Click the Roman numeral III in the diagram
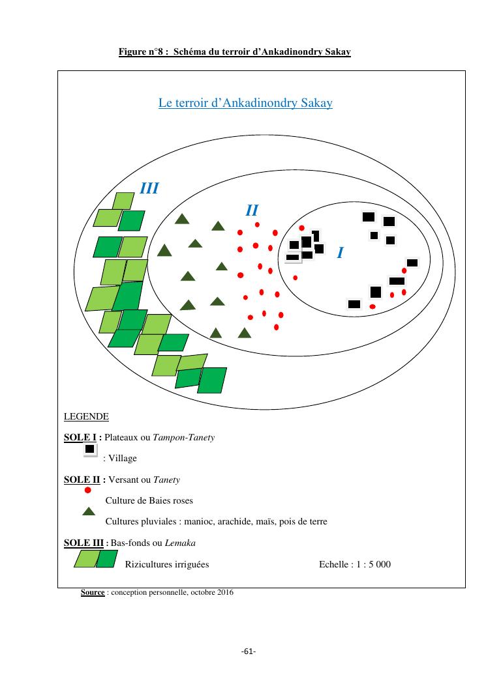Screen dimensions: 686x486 149,189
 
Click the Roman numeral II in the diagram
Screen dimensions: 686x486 252,210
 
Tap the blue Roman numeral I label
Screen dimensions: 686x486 340,253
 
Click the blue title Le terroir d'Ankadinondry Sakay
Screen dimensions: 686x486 245,103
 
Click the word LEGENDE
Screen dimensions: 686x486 86,416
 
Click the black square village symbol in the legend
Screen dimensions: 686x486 89,450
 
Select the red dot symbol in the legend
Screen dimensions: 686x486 88,490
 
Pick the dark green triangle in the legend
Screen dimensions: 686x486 89,511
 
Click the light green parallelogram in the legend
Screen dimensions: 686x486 85,559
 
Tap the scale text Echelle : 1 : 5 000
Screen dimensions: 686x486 355,564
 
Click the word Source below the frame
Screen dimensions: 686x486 93,593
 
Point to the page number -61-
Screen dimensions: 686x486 248,651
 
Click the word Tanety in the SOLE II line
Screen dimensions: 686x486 166,480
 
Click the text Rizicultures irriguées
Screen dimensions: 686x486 167,564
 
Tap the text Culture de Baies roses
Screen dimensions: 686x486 149,501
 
